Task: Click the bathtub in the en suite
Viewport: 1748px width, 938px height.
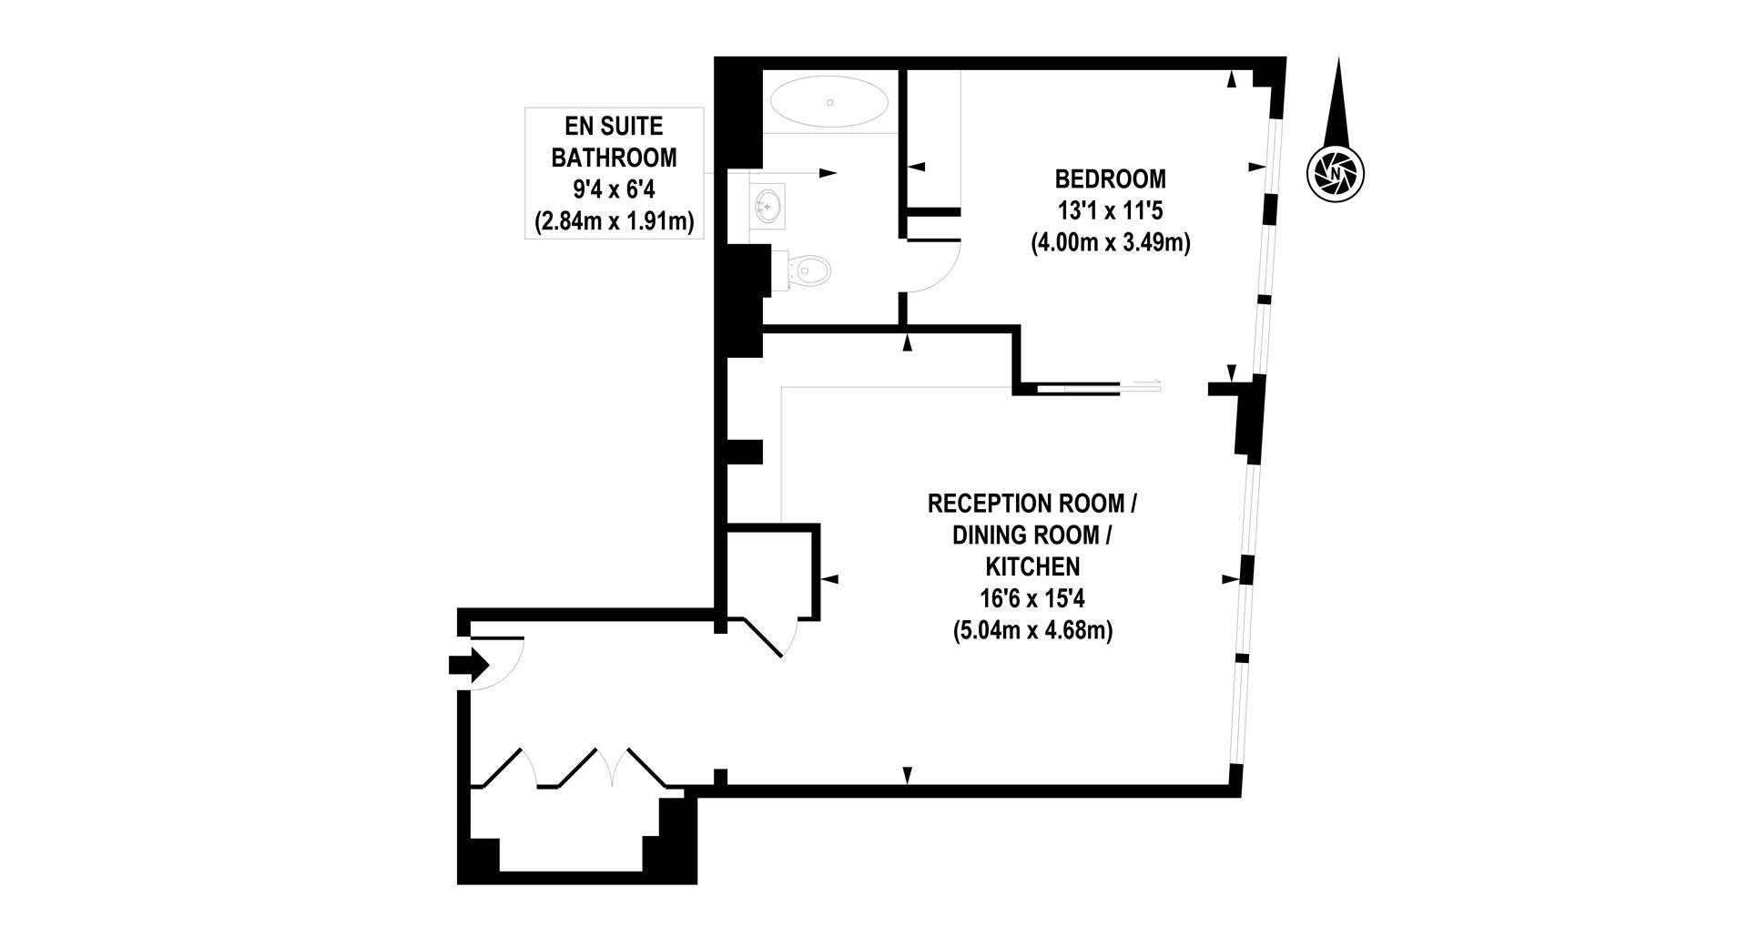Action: [829, 102]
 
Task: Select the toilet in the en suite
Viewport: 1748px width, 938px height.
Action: [809, 270]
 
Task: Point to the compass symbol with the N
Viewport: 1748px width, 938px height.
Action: [1336, 172]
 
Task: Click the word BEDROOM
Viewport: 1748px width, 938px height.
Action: [1110, 178]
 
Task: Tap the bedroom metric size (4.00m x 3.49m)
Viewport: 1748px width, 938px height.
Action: [1110, 243]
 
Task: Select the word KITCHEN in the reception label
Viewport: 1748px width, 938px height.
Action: [1032, 566]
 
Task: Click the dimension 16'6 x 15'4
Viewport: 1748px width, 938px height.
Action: [1032, 598]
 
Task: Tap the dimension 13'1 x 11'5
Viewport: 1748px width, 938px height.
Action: [1110, 211]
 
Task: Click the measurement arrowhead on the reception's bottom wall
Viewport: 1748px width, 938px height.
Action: [907, 775]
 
